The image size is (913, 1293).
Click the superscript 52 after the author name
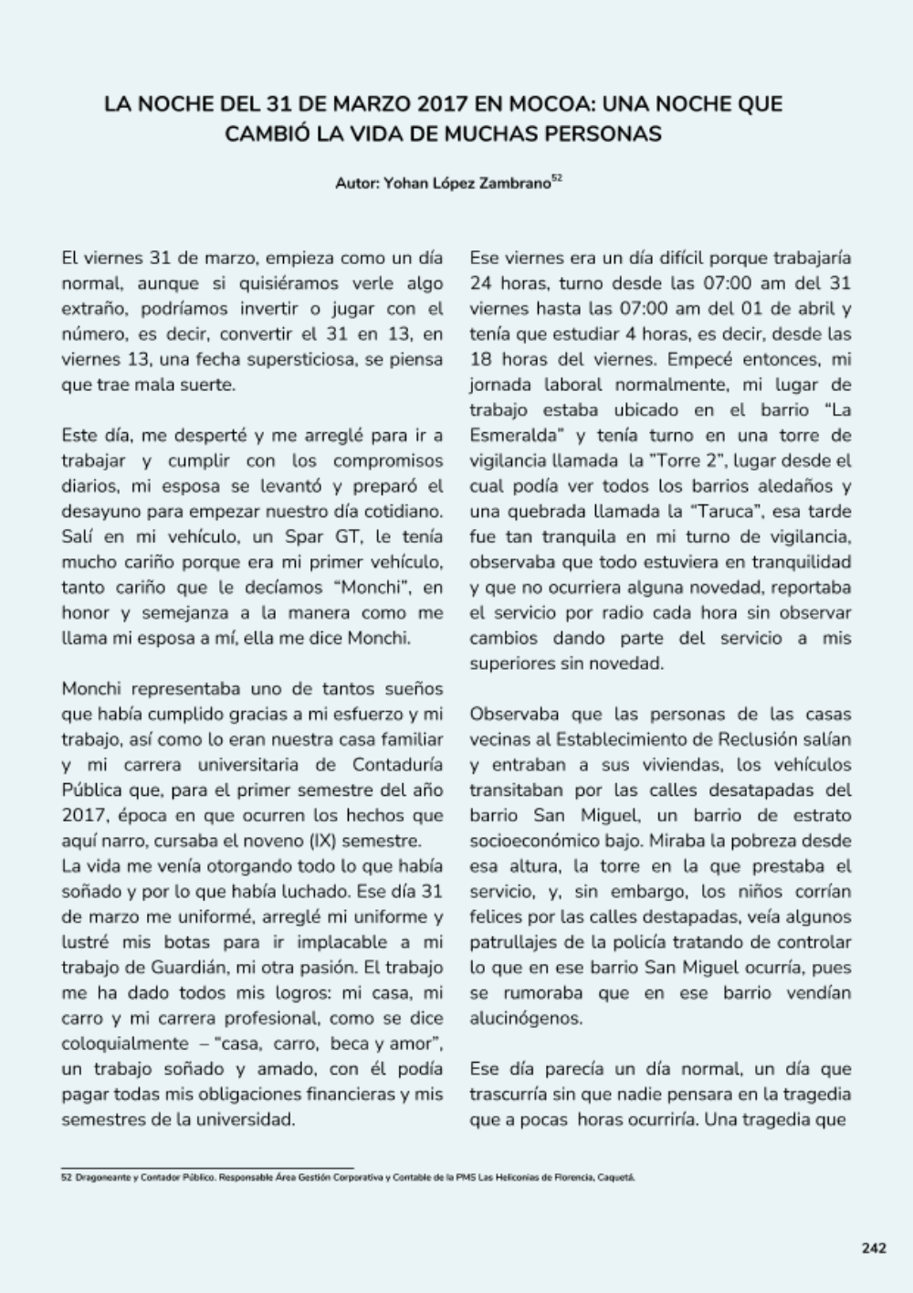[557, 178]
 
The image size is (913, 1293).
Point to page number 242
[874, 1248]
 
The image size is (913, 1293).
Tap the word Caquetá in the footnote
[615, 1178]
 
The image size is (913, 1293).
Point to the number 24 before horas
[481, 283]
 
